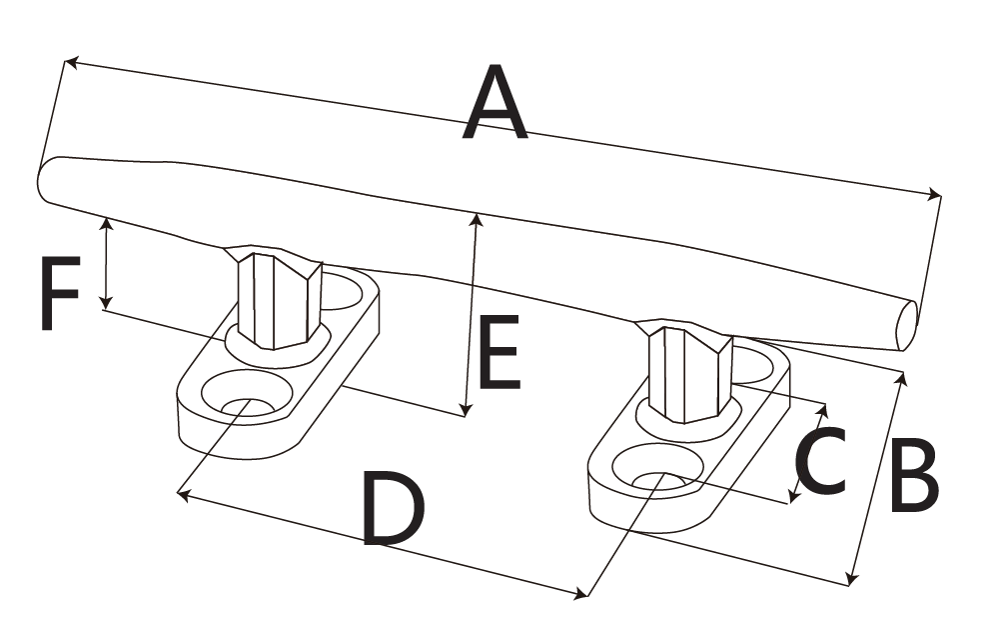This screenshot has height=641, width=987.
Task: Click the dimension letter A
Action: (496, 103)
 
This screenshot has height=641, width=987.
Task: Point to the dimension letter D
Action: (393, 510)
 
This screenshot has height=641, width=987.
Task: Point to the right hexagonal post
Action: (689, 375)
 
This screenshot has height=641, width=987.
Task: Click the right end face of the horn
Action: (906, 326)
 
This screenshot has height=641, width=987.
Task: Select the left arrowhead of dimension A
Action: (70, 62)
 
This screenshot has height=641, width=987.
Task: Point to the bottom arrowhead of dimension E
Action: (465, 410)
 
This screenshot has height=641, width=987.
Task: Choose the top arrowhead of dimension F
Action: (106, 222)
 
